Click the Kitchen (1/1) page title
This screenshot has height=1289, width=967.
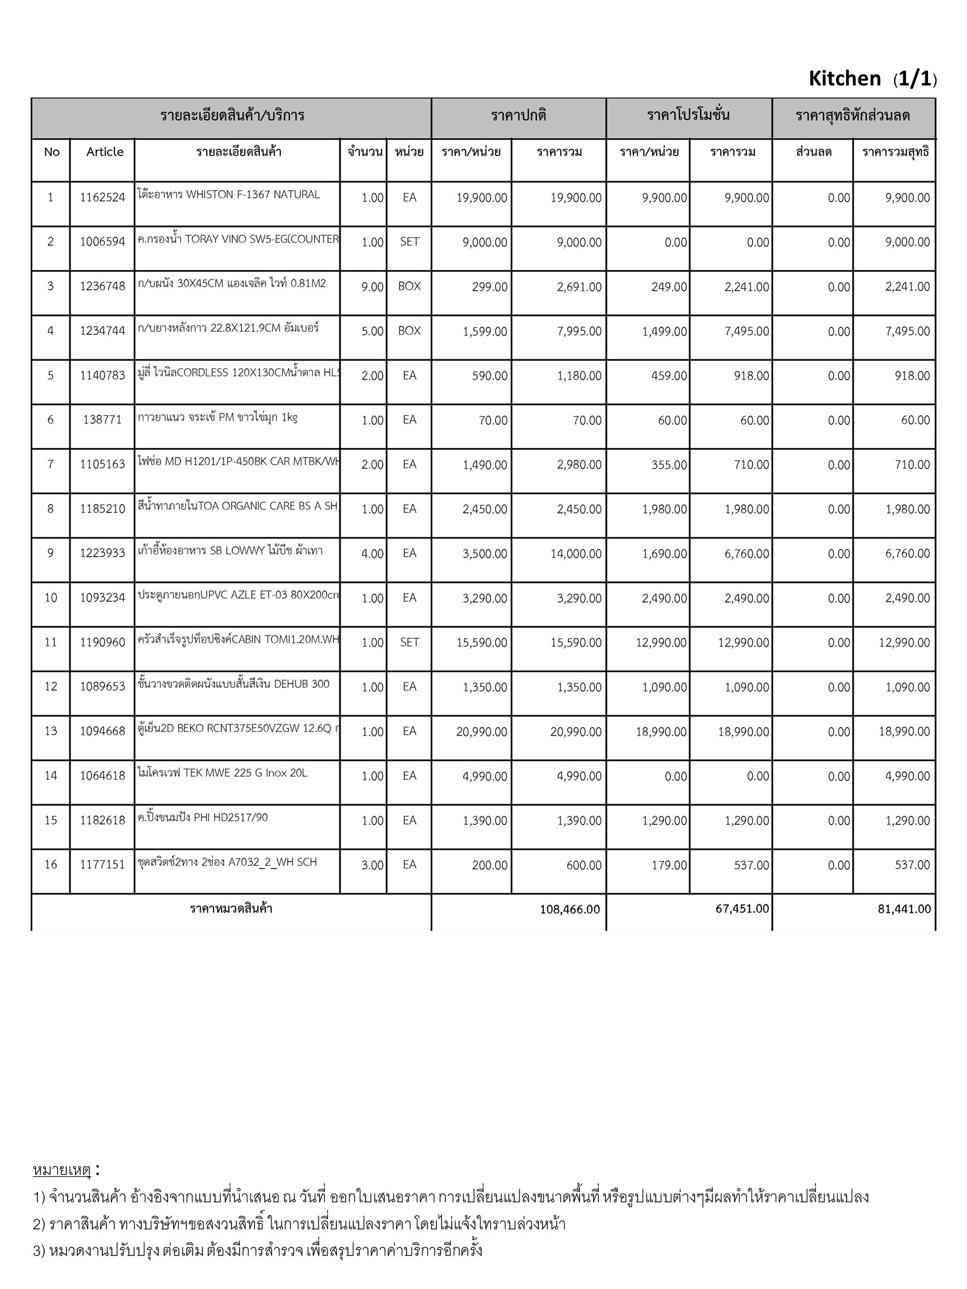click(x=872, y=79)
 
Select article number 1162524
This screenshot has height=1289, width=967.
click(x=103, y=198)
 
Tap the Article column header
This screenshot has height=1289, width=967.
click(x=105, y=152)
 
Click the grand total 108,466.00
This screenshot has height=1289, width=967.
click(x=570, y=909)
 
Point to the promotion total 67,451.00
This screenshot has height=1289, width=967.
click(x=742, y=909)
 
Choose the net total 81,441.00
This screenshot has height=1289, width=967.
click(x=904, y=909)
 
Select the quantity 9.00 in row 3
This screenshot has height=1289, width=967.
click(x=372, y=287)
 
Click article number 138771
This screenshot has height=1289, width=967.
click(x=102, y=420)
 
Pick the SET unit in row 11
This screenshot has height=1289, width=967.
click(x=409, y=643)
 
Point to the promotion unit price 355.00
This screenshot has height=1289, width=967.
click(x=672, y=465)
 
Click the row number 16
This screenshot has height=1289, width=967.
click(x=50, y=865)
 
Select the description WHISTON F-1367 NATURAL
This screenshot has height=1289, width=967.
click(x=229, y=194)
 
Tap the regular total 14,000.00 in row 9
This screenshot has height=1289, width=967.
click(x=575, y=554)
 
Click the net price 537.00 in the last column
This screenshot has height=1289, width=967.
click(x=912, y=865)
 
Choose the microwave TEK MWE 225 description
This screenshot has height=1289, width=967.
click(x=222, y=773)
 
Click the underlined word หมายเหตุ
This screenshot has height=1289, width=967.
click(x=62, y=1170)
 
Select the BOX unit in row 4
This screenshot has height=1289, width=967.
click(x=409, y=331)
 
